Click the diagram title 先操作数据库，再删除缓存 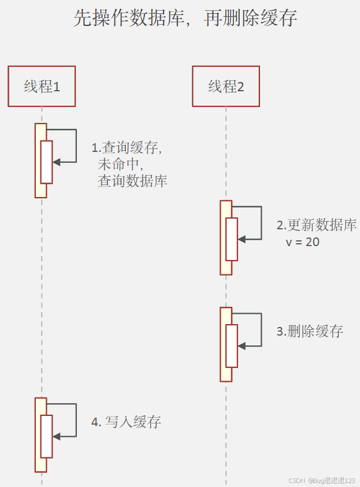185,19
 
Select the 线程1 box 42,86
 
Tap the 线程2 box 226,86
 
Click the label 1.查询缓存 127,148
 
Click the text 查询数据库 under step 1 132,181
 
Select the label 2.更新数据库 316,225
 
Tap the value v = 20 302,242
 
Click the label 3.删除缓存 310,332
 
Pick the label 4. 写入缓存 126,422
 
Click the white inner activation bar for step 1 46,162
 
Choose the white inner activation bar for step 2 231,239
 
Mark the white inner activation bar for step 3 231,345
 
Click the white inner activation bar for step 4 46,436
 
